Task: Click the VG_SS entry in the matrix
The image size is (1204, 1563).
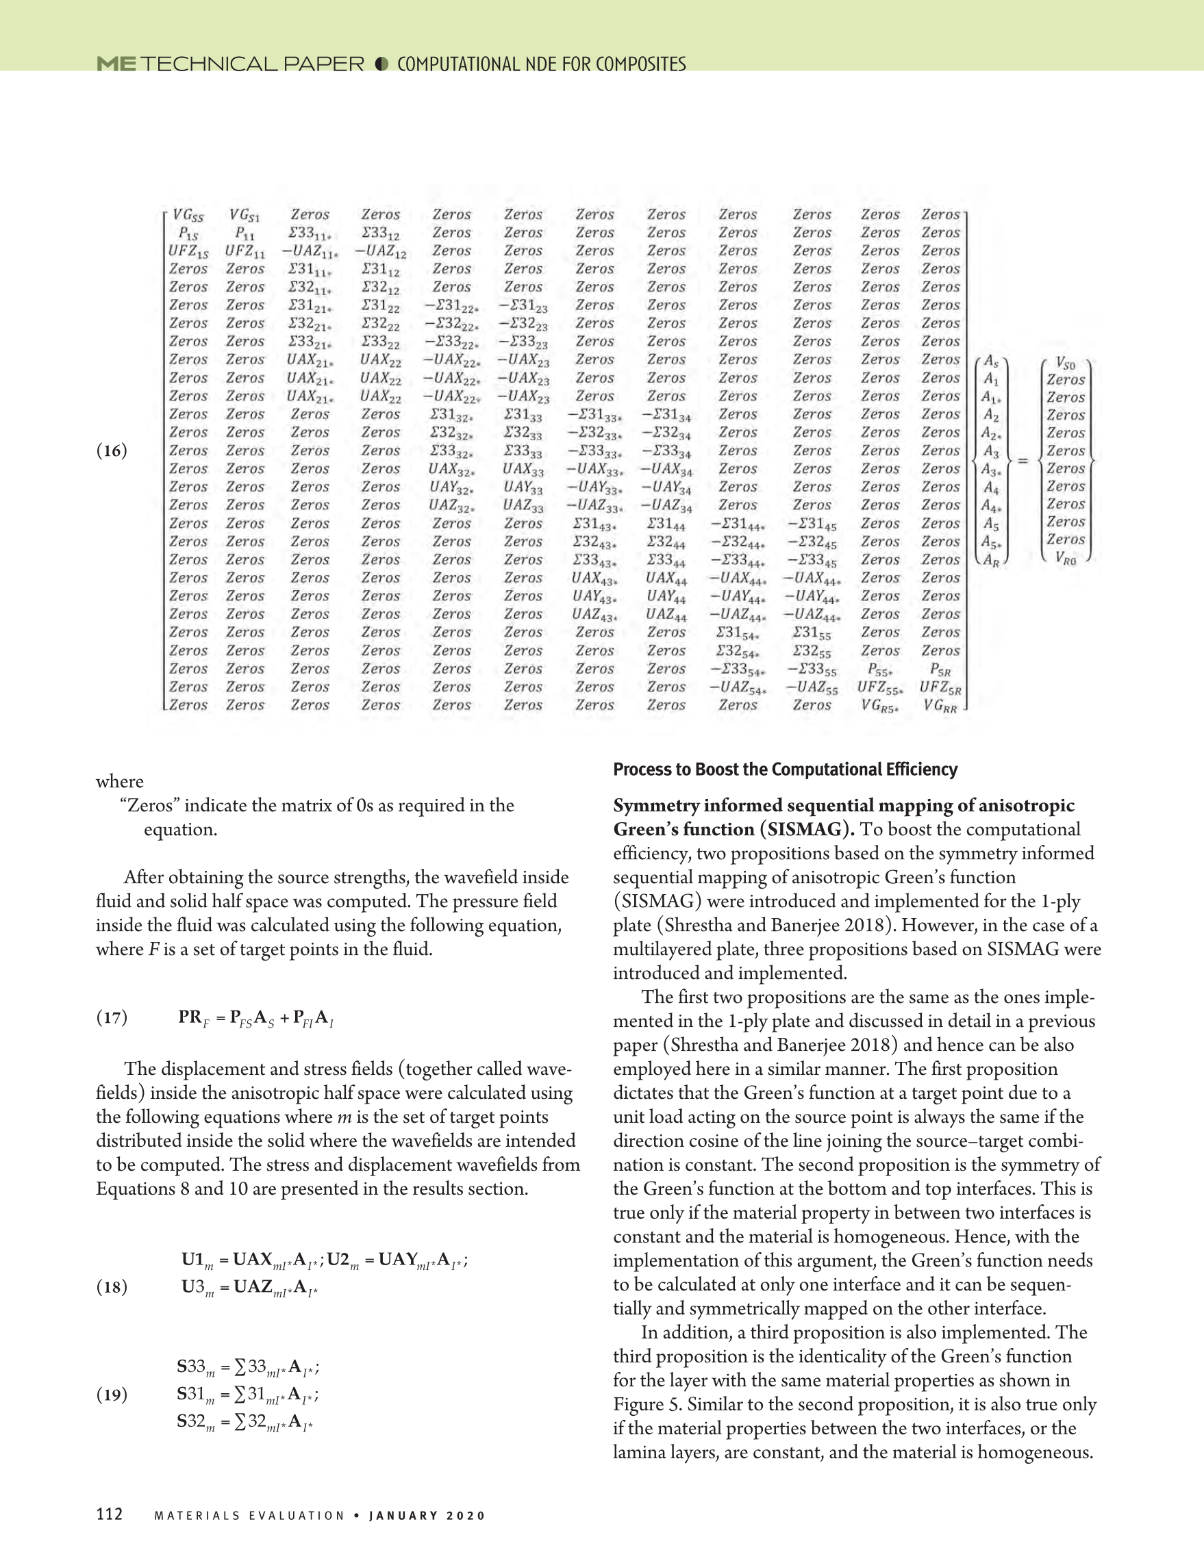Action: tap(188, 216)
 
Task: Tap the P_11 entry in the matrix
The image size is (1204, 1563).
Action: tap(244, 233)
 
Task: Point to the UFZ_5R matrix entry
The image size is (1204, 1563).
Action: tap(940, 688)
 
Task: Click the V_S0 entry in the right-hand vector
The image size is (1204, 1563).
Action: tap(1065, 363)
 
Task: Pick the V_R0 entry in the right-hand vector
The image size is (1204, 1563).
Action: tap(1065, 559)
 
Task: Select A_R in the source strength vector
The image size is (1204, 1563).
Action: tap(991, 560)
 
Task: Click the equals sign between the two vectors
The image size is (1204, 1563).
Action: tap(1023, 460)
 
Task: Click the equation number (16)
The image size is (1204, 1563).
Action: tap(112, 451)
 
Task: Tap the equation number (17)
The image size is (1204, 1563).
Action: tap(112, 1017)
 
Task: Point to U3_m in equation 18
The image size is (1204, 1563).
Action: tap(197, 1288)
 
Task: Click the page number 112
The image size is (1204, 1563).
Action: tap(110, 1514)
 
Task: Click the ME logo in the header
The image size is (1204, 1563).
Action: tap(116, 64)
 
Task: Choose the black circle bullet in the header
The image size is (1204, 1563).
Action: tap(381, 64)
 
